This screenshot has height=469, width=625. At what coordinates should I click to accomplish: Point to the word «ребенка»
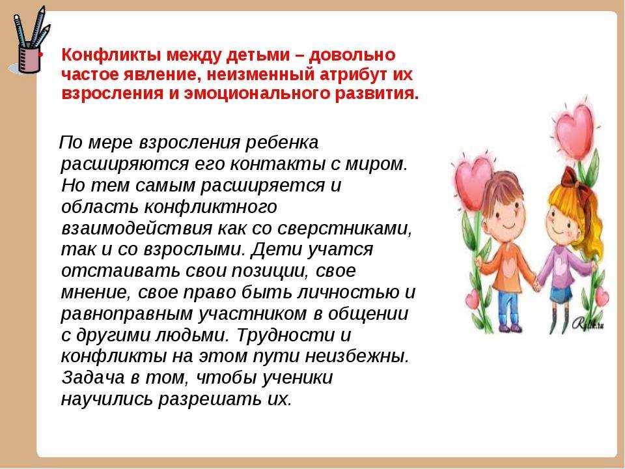tap(281, 143)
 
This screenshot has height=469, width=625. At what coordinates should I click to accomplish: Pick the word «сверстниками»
tap(344, 228)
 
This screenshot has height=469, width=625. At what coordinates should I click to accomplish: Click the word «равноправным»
tap(127, 314)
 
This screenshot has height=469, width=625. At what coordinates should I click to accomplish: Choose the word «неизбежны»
tap(357, 356)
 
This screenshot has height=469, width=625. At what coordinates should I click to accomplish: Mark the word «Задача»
tap(93, 378)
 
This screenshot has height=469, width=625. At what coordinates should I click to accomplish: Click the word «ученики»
tap(298, 378)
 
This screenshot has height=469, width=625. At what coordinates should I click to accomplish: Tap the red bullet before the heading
tap(44, 55)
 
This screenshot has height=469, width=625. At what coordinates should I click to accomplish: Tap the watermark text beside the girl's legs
tap(589, 324)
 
